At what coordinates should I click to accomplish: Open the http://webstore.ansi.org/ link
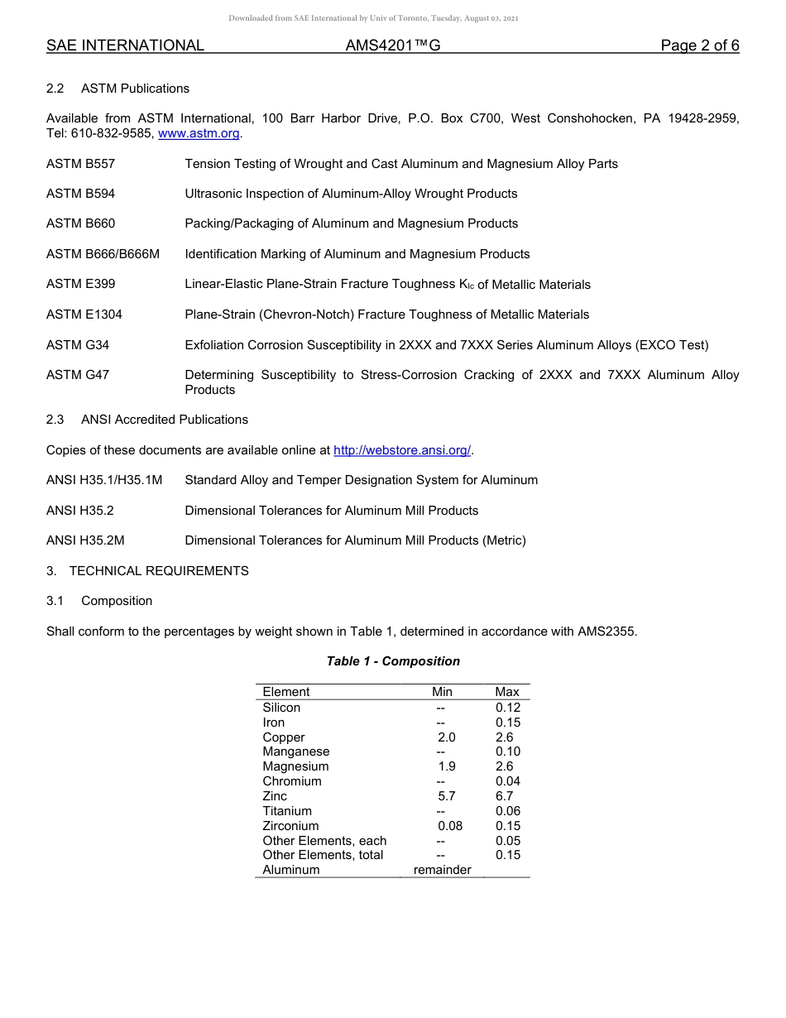click(402, 450)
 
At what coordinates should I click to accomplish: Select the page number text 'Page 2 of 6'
click(699, 46)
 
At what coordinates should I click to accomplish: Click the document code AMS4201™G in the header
click(392, 46)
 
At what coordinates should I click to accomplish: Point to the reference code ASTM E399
click(81, 284)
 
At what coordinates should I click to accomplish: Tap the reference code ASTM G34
click(78, 344)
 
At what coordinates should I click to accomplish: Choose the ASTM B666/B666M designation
click(103, 254)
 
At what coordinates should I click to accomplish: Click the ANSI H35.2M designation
click(85, 540)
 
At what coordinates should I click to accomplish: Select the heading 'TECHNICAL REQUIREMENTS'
click(159, 570)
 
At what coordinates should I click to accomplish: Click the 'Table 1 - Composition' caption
click(393, 661)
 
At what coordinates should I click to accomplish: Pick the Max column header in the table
click(507, 692)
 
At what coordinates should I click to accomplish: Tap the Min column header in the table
click(442, 692)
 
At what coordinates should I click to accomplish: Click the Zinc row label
click(275, 796)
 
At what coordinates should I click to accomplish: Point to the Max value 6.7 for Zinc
click(505, 796)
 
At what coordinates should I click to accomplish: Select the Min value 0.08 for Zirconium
click(450, 826)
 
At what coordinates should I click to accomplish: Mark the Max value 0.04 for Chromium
click(508, 781)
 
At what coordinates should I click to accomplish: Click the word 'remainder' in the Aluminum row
click(442, 870)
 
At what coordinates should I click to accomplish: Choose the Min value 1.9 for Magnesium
click(447, 766)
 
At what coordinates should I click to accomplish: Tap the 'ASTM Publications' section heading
click(135, 89)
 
